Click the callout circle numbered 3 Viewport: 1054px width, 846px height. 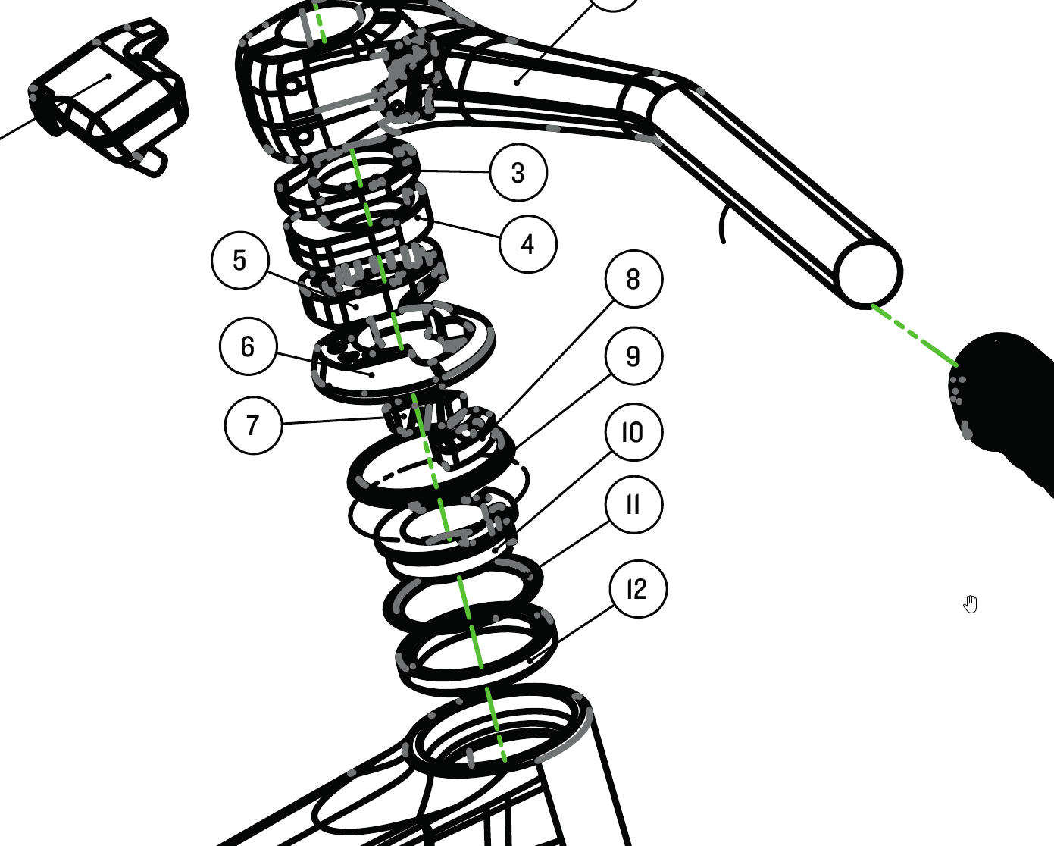click(519, 173)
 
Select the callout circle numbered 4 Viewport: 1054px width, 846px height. click(528, 244)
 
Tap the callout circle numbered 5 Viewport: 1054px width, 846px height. click(240, 260)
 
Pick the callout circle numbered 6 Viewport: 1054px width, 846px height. click(249, 346)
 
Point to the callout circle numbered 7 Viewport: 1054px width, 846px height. click(253, 425)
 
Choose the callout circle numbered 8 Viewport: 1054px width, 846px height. click(633, 279)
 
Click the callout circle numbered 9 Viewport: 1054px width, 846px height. click(633, 356)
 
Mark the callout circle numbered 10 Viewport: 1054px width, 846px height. click(633, 432)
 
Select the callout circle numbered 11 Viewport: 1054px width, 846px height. click(633, 504)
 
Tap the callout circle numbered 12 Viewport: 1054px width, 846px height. click(638, 589)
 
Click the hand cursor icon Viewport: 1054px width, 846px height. click(970, 604)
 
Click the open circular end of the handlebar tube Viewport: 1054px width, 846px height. click(869, 274)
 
